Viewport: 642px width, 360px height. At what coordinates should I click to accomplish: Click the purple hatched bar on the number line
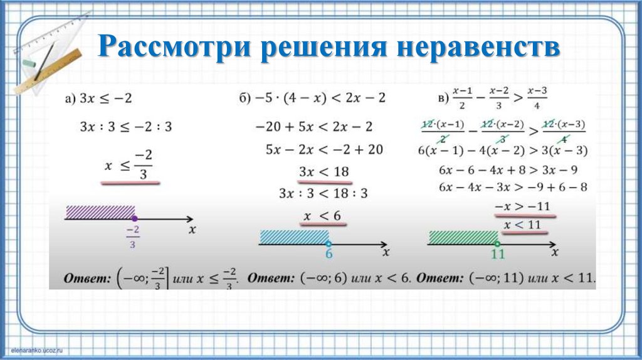click(x=100, y=211)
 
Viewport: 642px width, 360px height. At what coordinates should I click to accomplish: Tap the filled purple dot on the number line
click(x=135, y=218)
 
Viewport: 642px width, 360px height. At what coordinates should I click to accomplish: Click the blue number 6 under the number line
click(x=328, y=254)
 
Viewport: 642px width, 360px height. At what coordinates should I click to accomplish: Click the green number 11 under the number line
click(x=497, y=255)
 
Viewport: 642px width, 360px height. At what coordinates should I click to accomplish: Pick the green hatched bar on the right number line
click(x=463, y=238)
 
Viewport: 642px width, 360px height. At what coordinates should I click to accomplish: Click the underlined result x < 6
click(x=322, y=216)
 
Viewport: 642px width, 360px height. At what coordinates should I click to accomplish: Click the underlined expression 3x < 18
click(x=323, y=171)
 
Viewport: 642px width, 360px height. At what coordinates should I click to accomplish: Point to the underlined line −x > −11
click(x=522, y=206)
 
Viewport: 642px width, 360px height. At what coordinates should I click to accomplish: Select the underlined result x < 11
click(x=522, y=225)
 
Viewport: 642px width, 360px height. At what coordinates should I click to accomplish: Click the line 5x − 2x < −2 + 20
click(x=324, y=149)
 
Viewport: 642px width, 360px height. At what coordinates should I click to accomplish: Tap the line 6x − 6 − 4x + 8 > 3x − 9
click(x=508, y=170)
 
